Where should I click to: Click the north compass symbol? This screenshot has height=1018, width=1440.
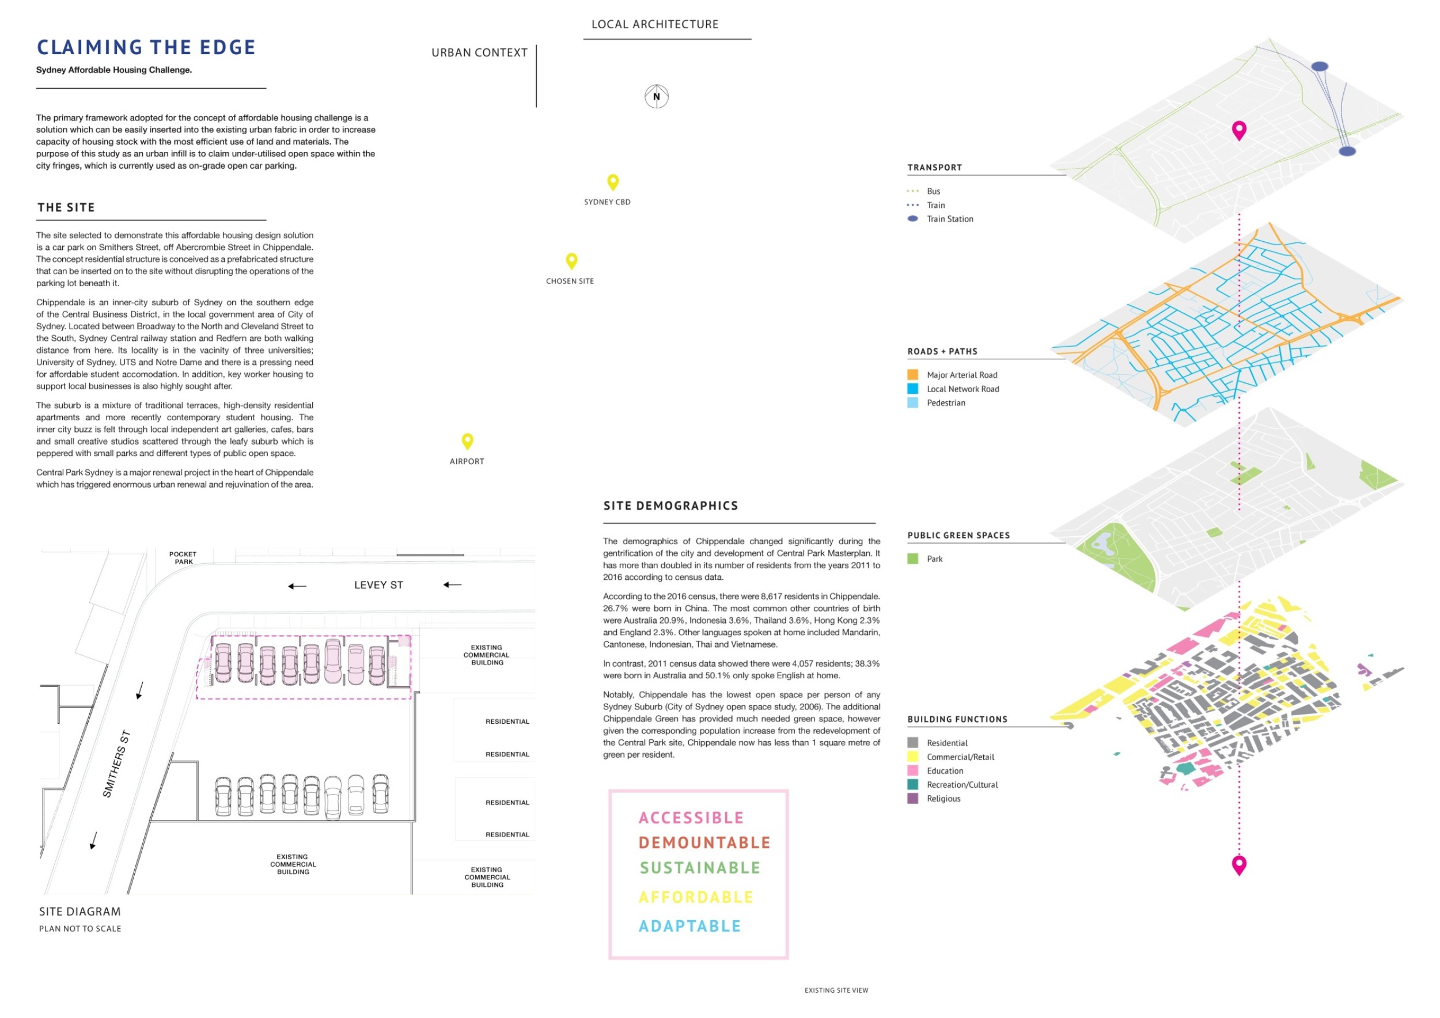click(656, 97)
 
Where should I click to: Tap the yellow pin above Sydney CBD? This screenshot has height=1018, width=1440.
click(613, 182)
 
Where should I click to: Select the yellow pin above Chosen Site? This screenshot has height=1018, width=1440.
click(571, 260)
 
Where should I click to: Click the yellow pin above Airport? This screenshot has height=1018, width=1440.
click(467, 440)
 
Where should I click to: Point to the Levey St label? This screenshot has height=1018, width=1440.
click(378, 585)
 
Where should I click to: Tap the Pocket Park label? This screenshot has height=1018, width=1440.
click(183, 557)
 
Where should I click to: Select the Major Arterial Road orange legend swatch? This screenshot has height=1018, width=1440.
click(912, 375)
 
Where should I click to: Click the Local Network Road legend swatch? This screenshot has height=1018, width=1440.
click(912, 389)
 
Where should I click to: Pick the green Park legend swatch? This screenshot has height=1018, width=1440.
click(912, 559)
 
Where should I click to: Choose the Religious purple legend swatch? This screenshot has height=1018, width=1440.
click(912, 798)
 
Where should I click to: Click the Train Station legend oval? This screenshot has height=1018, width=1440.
click(912, 219)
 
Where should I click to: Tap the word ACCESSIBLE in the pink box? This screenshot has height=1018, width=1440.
click(691, 818)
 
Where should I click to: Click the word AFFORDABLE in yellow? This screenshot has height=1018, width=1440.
click(696, 897)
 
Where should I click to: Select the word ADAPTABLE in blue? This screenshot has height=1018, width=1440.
click(689, 926)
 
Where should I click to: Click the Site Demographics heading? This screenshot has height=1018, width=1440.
click(670, 506)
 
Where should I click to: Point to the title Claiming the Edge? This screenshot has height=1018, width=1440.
click(146, 48)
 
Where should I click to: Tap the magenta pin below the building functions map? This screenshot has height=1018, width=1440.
click(1238, 864)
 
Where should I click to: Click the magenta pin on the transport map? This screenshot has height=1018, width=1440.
click(1238, 130)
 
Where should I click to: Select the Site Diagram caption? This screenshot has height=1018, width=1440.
click(79, 911)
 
